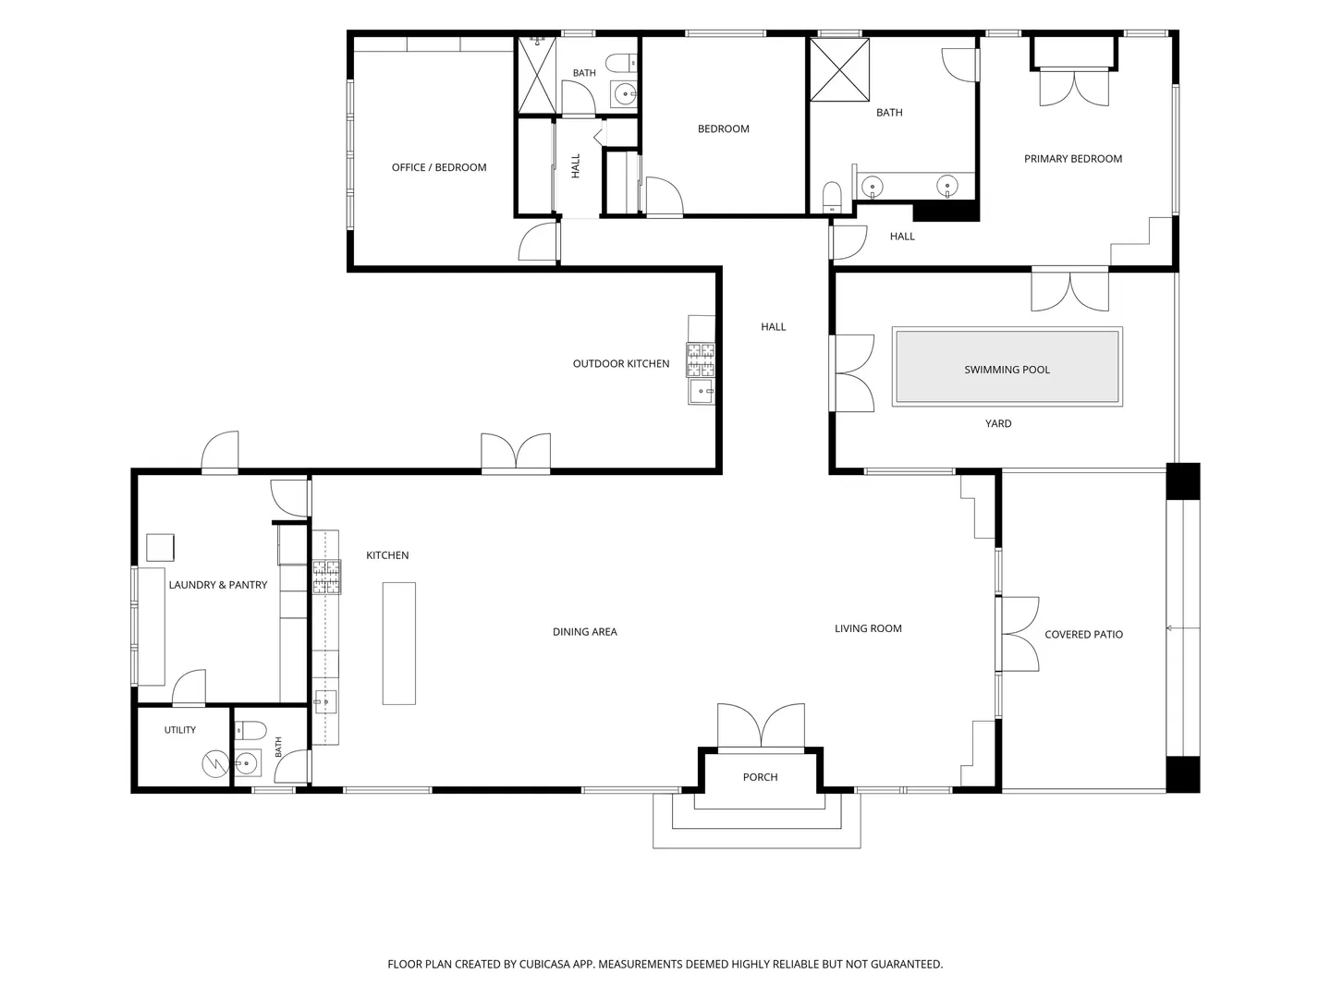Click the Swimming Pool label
click(1007, 370)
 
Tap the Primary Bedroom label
click(1073, 159)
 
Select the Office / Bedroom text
click(439, 167)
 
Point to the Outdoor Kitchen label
click(621, 363)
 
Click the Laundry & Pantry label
click(218, 585)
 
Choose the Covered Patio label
click(1083, 635)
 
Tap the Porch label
click(760, 777)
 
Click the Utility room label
click(180, 730)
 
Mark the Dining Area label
click(584, 631)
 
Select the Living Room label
click(868, 628)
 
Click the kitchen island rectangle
click(399, 643)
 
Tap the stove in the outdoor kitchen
click(701, 360)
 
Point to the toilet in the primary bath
click(832, 197)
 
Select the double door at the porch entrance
click(761, 726)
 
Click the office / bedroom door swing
click(538, 241)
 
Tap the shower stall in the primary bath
click(840, 69)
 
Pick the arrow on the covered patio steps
click(1183, 628)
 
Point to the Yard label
click(998, 423)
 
